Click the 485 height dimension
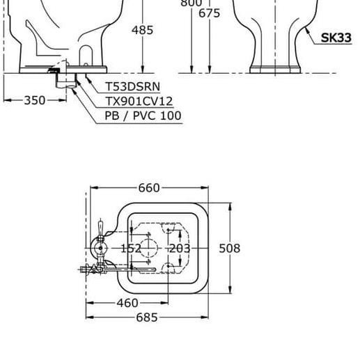142,30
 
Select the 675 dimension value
209,13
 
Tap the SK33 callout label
336,38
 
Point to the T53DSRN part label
133,86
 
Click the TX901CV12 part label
139,102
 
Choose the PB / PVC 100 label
143,116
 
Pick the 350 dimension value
35,100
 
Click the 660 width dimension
149,188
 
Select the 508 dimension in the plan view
230,249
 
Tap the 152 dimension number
131,249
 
